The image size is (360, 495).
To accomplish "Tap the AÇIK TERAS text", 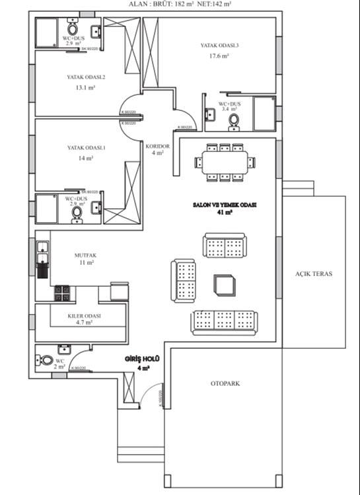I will coord(313,273).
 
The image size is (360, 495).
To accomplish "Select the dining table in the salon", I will coord(225,162).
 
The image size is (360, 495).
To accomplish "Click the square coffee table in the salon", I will coord(223,285).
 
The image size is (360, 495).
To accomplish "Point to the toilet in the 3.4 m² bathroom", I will coord(233,120).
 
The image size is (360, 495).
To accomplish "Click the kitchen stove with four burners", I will coord(62,293).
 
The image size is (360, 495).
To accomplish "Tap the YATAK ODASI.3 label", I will coord(219,46).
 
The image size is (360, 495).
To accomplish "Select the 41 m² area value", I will coord(224,213).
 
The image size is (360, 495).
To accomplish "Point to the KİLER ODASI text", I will coord(84,316).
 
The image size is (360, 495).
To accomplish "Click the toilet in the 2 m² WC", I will coord(46,361).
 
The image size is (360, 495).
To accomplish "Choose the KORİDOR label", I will coord(158,146).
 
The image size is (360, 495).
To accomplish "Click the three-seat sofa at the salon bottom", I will coord(225,322).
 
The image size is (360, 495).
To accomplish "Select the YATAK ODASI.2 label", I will coord(86,77).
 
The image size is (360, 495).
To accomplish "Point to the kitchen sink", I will coord(42,249).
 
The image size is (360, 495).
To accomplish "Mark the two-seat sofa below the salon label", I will coord(224,246).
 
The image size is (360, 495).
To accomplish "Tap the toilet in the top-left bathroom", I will coord(73,29).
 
